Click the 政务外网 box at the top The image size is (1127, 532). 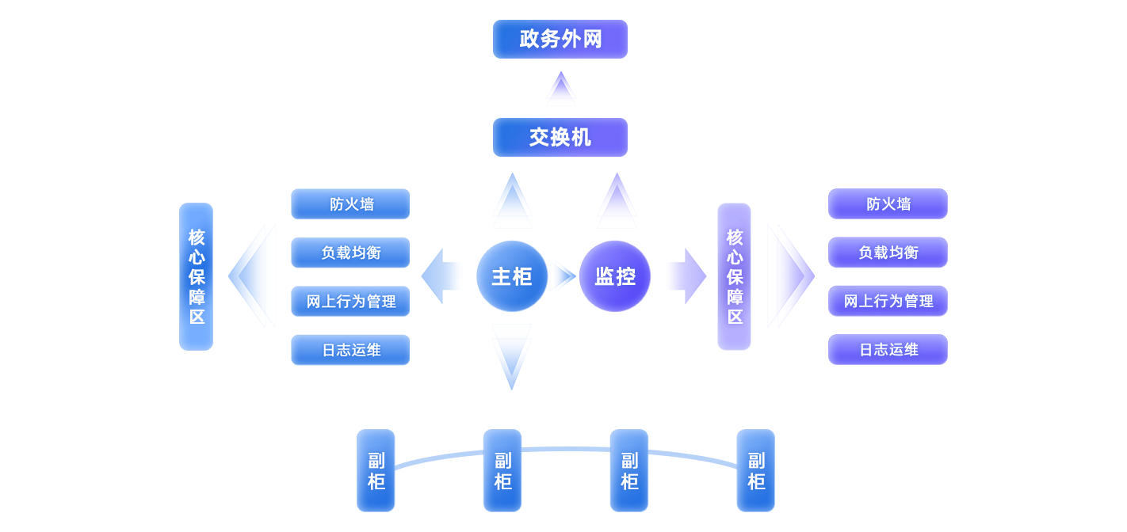click(x=560, y=40)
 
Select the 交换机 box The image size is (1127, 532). click(x=560, y=138)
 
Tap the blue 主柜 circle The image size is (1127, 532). click(x=512, y=276)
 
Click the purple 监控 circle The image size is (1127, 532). click(x=615, y=276)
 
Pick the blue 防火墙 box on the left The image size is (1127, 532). click(x=350, y=204)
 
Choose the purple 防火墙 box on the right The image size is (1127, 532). click(x=888, y=204)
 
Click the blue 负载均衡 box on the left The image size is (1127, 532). click(x=350, y=253)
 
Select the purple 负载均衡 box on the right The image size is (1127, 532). click(x=888, y=253)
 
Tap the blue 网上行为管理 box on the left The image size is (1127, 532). click(x=350, y=302)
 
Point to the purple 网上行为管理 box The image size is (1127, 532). click(x=888, y=302)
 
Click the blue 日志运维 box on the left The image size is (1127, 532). click(x=350, y=350)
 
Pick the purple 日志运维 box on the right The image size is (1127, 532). click(x=888, y=350)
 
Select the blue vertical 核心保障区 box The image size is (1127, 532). click(x=196, y=276)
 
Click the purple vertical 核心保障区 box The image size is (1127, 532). click(x=734, y=276)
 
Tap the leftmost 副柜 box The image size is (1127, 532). click(x=376, y=470)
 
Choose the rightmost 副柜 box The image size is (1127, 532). click(x=755, y=470)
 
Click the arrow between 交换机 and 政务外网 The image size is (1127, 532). click(x=560, y=88)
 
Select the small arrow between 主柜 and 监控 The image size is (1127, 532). click(x=564, y=276)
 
